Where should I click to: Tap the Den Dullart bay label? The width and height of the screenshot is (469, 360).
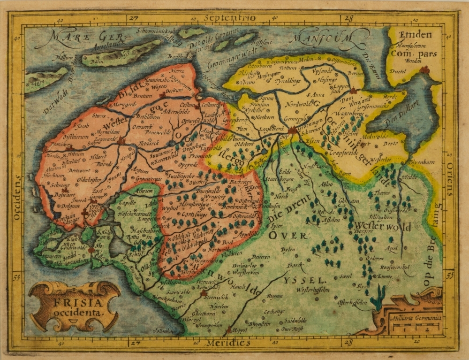pyautogui.click(x=393, y=123)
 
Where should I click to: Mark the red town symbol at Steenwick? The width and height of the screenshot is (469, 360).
pyautogui.click(x=204, y=294)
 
